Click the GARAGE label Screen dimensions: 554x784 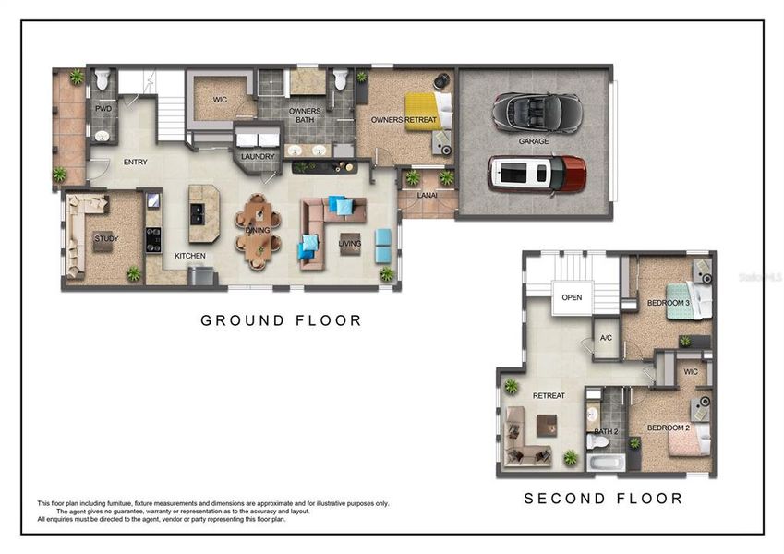[534, 141]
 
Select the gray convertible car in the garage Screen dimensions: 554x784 [537, 113]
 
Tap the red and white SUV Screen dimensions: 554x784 [537, 173]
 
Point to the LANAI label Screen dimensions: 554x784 [428, 196]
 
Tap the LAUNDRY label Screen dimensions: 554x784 [258, 157]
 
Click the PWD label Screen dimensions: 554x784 [103, 108]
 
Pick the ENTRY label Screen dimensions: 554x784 [136, 163]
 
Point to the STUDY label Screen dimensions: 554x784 [106, 239]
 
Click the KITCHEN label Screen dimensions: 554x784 [190, 256]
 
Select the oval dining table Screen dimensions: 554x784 [258, 230]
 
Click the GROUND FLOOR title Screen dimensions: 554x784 [281, 320]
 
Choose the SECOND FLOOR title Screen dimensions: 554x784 [603, 499]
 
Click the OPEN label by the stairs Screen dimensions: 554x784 [572, 297]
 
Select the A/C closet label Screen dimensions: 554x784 [606, 338]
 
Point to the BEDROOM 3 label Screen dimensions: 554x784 [668, 304]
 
